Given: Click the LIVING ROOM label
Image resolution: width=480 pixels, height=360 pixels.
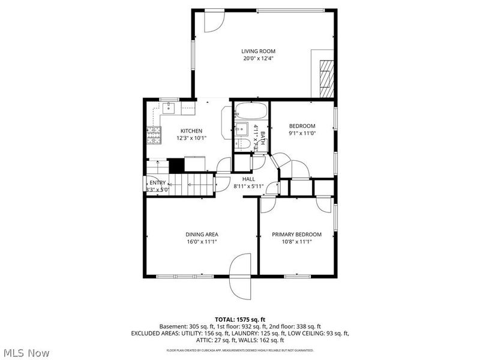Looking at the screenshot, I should coord(259,52).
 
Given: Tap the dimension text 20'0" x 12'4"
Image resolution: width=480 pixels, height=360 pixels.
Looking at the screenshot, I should coord(259,59).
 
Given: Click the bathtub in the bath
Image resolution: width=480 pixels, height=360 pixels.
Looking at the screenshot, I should coord(250,112).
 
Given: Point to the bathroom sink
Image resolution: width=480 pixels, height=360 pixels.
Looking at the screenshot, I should coord(241,128).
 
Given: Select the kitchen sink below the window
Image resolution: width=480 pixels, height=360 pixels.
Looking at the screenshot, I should coord(169,109).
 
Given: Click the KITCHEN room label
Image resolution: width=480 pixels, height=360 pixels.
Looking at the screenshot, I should coord(191,131).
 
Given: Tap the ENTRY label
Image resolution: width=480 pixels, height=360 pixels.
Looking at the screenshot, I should coord(158,183).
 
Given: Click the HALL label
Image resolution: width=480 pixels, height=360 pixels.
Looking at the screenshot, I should coord(248,179).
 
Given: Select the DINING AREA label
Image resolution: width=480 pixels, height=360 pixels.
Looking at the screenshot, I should coord(201,234).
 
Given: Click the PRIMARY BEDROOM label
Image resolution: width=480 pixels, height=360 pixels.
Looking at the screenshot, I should coord(296,234).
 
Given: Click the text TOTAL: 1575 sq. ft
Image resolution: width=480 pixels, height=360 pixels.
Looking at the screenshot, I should coord(240,319).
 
